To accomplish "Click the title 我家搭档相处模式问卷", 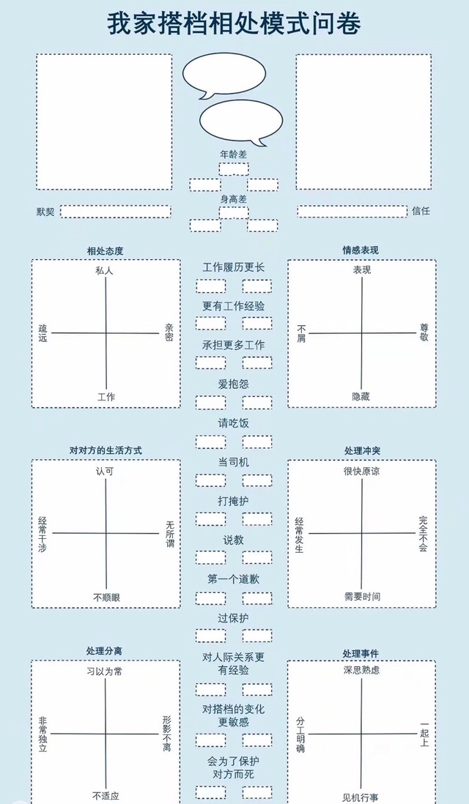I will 234,24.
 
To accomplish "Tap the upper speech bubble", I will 224,75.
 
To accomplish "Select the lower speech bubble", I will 240,120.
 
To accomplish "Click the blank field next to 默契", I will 115,212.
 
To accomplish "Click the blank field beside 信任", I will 352,211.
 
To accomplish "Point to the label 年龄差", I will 234,155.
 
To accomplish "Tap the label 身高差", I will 234,199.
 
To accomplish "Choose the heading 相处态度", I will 105,251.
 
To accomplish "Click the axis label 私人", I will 105,270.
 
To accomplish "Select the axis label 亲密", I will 169,333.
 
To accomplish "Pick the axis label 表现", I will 361,270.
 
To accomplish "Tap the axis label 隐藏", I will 361,396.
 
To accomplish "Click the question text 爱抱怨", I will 234,384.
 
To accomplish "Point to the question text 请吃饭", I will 234,423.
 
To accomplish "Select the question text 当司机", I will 234,462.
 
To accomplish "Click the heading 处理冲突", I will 361,450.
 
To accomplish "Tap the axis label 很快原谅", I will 361,471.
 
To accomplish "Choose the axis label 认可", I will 105,471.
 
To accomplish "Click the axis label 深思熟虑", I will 361,670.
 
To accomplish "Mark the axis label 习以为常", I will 105,670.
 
